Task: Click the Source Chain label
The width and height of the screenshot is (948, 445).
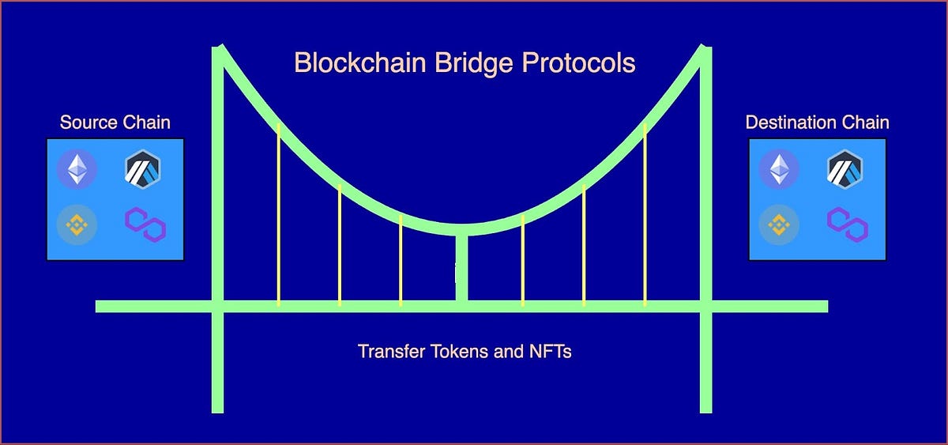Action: [x=115, y=123]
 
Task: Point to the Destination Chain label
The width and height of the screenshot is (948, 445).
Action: [x=817, y=123]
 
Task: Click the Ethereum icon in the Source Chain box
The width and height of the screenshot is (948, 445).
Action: [x=77, y=168]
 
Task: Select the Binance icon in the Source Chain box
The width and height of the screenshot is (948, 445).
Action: [x=77, y=226]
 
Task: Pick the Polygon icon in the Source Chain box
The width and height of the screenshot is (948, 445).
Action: [x=145, y=225]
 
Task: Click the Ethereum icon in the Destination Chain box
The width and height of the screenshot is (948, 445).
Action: [x=779, y=168]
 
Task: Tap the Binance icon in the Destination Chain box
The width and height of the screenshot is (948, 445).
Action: [x=779, y=226]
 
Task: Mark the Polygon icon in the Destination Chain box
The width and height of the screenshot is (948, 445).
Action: [x=847, y=225]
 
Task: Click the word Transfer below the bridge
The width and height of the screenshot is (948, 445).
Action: [x=386, y=351]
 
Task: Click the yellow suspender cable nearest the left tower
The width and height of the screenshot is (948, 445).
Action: [x=278, y=213]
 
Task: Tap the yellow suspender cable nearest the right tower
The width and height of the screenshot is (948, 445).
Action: [x=645, y=213]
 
